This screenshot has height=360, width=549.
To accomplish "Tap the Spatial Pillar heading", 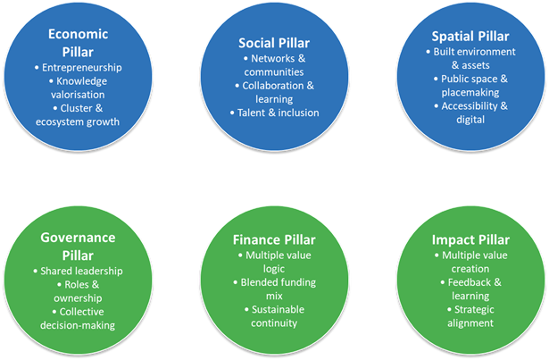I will [x=470, y=37].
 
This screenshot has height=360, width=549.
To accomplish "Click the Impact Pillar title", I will [x=470, y=240].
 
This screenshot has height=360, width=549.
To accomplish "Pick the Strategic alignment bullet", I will [x=471, y=316].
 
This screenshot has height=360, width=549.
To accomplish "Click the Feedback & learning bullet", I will [x=471, y=289].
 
